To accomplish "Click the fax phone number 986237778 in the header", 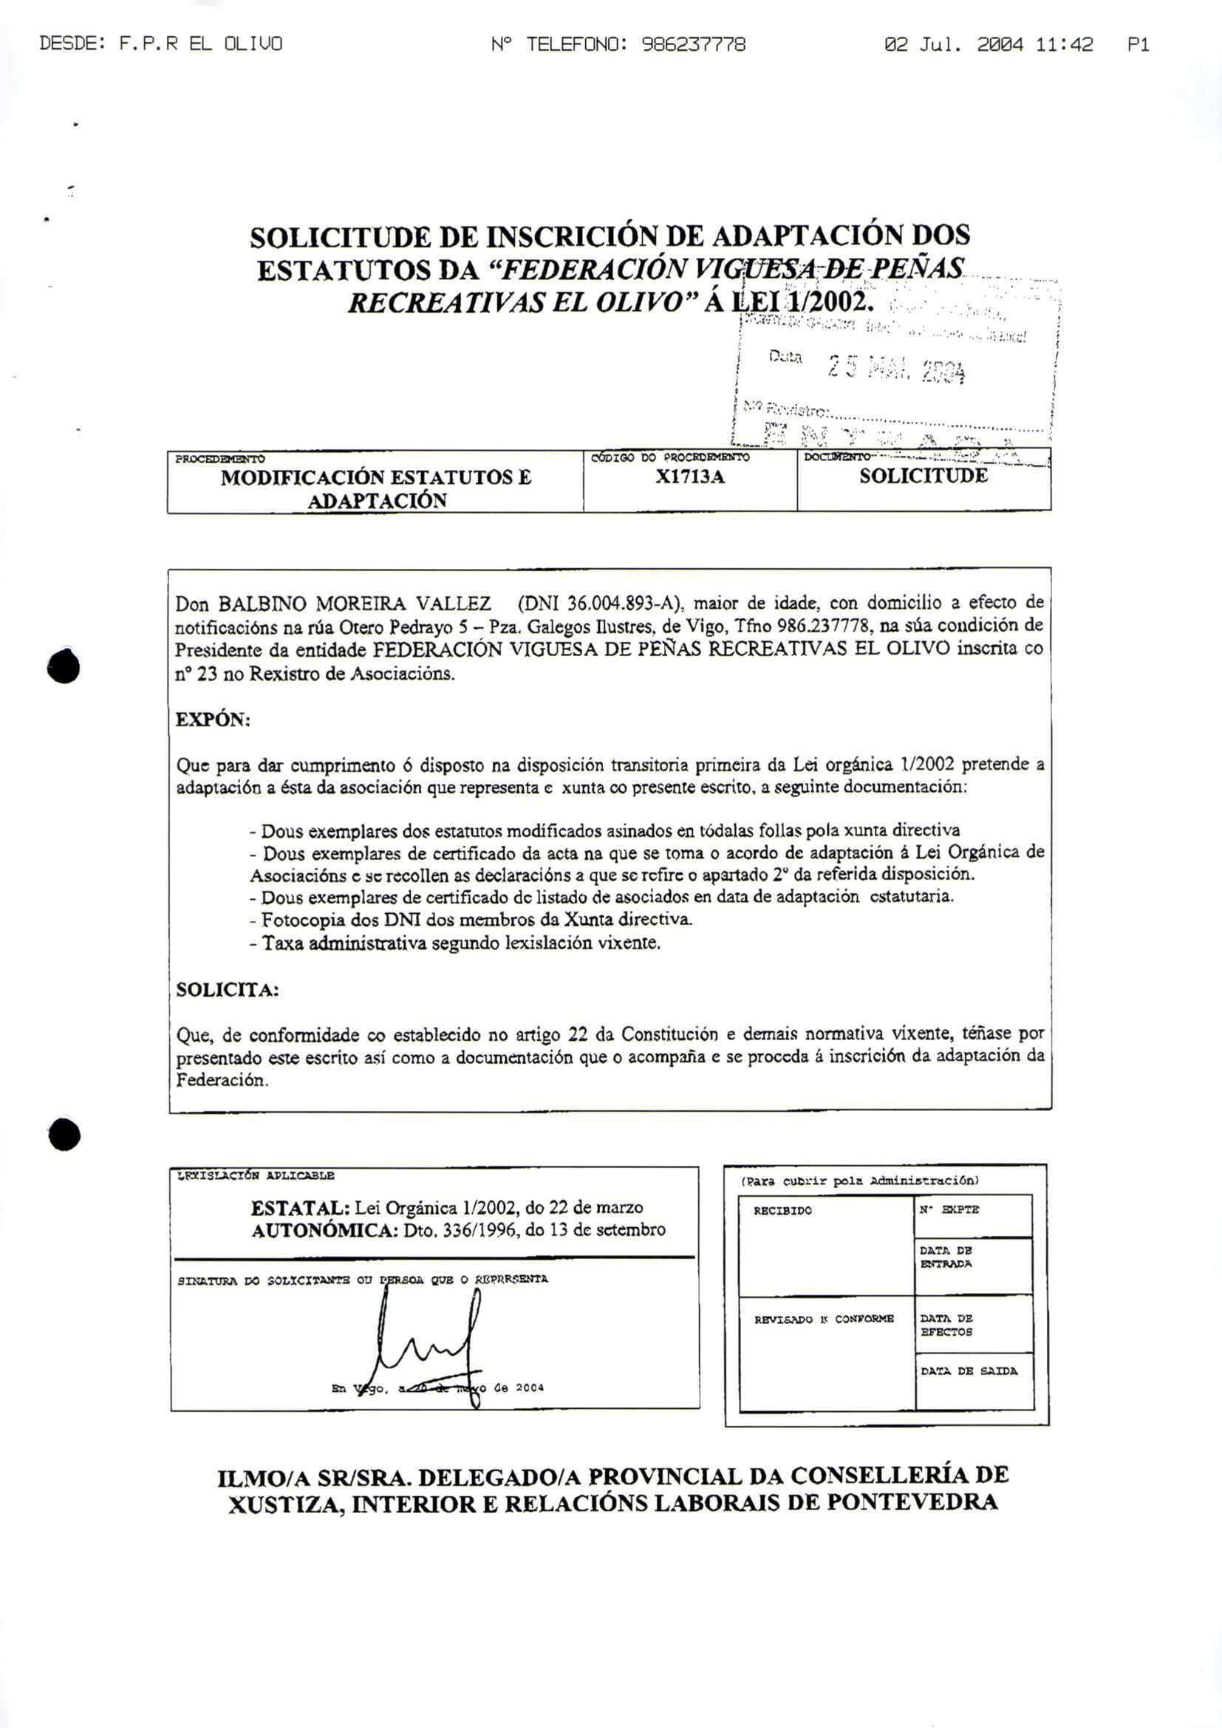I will coord(693,45).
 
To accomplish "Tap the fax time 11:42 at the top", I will coord(1063,45).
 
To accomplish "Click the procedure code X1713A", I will coord(689,477).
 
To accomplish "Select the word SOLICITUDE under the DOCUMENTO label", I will coord(924,476).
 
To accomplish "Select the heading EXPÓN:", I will coord(212,720).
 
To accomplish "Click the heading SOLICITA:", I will coord(228,990).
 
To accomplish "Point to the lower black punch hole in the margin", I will coord(64,1135).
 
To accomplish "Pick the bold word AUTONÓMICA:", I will coord(325,1231).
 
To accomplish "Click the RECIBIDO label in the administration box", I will coord(782,1211).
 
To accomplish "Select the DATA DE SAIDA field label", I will coord(969,1371).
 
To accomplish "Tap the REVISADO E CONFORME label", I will coord(824,1319).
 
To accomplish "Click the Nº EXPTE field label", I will coord(949,1210).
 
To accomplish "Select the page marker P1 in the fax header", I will coord(1138,45).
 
